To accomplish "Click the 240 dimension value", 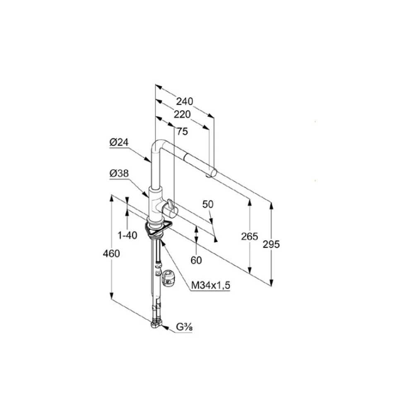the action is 185,101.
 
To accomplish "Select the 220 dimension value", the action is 182,114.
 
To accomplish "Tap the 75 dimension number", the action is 182,131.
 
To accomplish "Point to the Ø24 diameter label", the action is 119,142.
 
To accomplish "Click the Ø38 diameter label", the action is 119,173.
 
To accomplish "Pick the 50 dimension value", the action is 208,204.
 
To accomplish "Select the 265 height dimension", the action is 249,236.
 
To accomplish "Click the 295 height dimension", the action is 271,245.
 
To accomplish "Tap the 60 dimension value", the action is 196,260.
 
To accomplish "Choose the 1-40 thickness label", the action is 127,235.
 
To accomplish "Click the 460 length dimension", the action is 111,253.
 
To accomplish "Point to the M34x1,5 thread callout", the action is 211,285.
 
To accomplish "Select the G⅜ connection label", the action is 184,327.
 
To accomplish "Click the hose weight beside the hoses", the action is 168,278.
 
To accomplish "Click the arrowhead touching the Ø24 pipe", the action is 149,159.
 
